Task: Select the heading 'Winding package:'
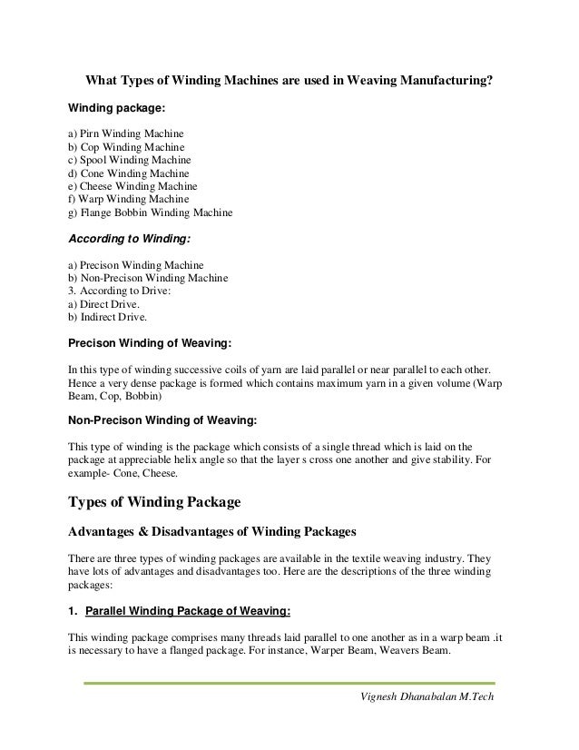(117, 107)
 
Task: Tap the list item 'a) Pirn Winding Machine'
(126, 133)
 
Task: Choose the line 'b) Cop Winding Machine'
(126, 147)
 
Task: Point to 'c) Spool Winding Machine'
(130, 160)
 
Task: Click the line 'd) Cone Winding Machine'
(129, 173)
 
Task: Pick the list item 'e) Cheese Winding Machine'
(132, 186)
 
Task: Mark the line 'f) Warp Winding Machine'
(128, 199)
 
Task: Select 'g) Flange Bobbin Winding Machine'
(150, 213)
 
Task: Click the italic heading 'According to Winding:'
(128, 240)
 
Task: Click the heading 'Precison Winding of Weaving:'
(150, 344)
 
